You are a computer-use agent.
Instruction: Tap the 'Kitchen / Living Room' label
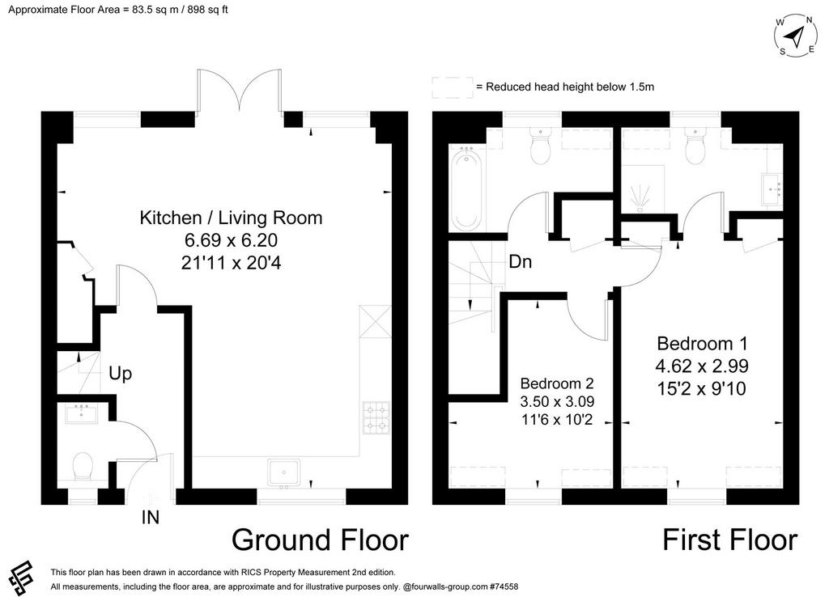point(231,218)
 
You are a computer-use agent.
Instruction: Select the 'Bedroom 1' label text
point(702,344)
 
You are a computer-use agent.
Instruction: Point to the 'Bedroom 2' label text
point(557,383)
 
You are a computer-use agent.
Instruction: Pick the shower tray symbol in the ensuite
point(642,188)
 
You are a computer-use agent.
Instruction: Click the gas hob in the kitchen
point(376,417)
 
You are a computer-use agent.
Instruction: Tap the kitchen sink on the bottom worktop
point(283,472)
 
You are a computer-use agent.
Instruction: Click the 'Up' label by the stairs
point(120,374)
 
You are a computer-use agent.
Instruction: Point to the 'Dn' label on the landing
point(521,261)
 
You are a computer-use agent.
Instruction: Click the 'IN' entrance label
point(151,518)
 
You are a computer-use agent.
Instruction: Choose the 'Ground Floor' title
point(320,540)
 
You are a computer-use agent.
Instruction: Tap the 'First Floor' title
point(730,540)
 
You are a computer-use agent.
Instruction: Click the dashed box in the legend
point(453,87)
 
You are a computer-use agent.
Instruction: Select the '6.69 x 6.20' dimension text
point(231,240)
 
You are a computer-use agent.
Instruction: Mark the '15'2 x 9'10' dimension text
point(702,389)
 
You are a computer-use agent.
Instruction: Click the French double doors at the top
point(241,90)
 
